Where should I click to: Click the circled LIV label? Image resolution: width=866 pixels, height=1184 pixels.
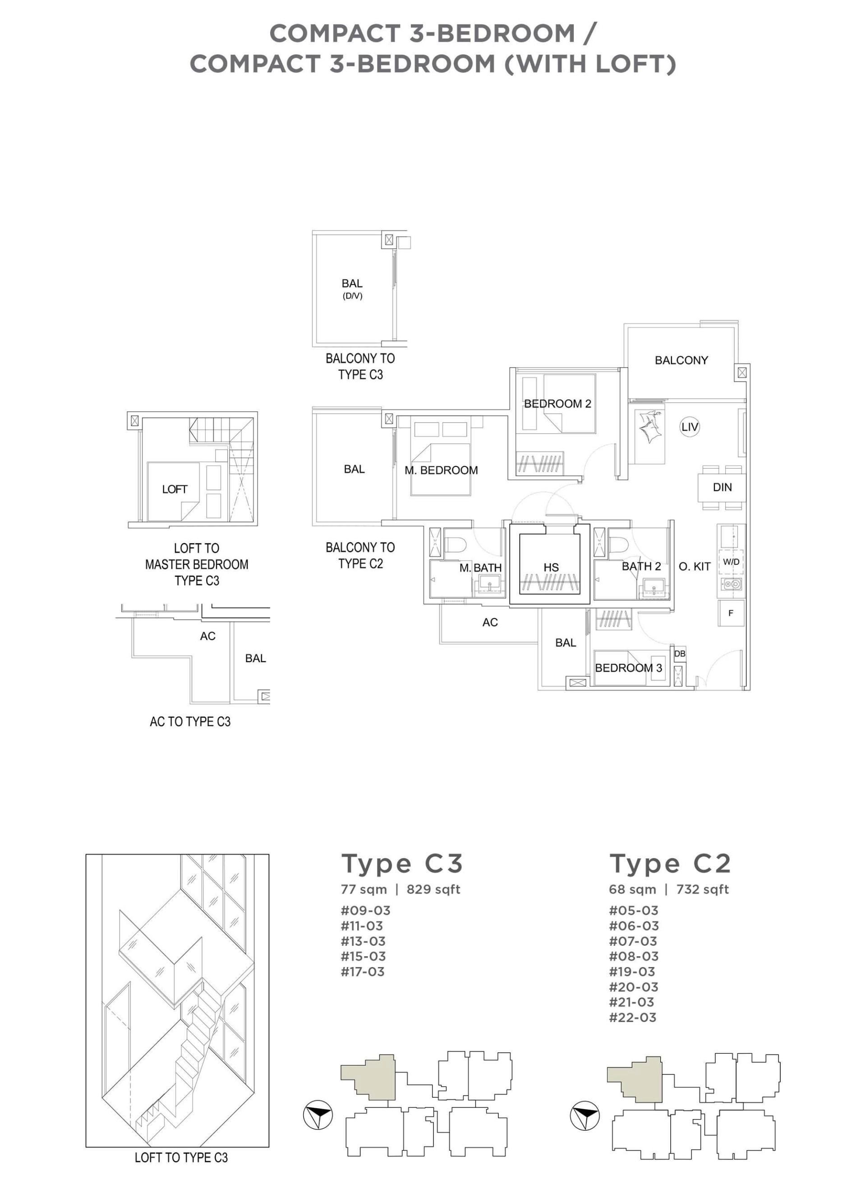click(x=689, y=427)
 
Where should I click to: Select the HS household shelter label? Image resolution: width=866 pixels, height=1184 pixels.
click(x=551, y=567)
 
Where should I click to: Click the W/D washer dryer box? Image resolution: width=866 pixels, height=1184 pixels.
click(x=731, y=562)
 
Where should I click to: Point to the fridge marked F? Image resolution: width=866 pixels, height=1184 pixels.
click(x=731, y=613)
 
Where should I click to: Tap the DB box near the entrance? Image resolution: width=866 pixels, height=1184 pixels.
click(x=679, y=654)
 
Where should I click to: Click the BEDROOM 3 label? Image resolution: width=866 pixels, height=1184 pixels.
click(x=629, y=668)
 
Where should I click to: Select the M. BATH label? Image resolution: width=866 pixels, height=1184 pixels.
click(x=480, y=567)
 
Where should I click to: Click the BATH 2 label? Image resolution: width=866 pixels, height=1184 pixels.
click(x=641, y=566)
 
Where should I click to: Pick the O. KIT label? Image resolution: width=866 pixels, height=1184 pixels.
click(x=695, y=567)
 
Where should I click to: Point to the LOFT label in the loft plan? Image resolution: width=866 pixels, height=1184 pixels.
click(x=175, y=489)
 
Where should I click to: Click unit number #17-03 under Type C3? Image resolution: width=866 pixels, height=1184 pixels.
click(x=363, y=971)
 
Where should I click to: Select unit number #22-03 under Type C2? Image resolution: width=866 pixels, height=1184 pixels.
click(x=632, y=1017)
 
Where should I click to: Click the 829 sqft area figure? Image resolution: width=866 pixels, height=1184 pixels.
click(x=433, y=889)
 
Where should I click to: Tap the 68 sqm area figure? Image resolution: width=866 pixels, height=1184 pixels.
click(x=632, y=889)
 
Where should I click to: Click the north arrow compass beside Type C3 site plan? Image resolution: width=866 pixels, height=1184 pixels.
click(x=318, y=1115)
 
